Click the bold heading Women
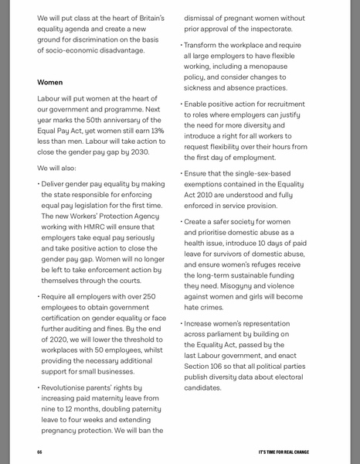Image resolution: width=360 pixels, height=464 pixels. (50, 82)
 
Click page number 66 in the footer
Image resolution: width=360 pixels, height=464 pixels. (39, 452)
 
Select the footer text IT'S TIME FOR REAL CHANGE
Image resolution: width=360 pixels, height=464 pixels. (284, 452)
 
